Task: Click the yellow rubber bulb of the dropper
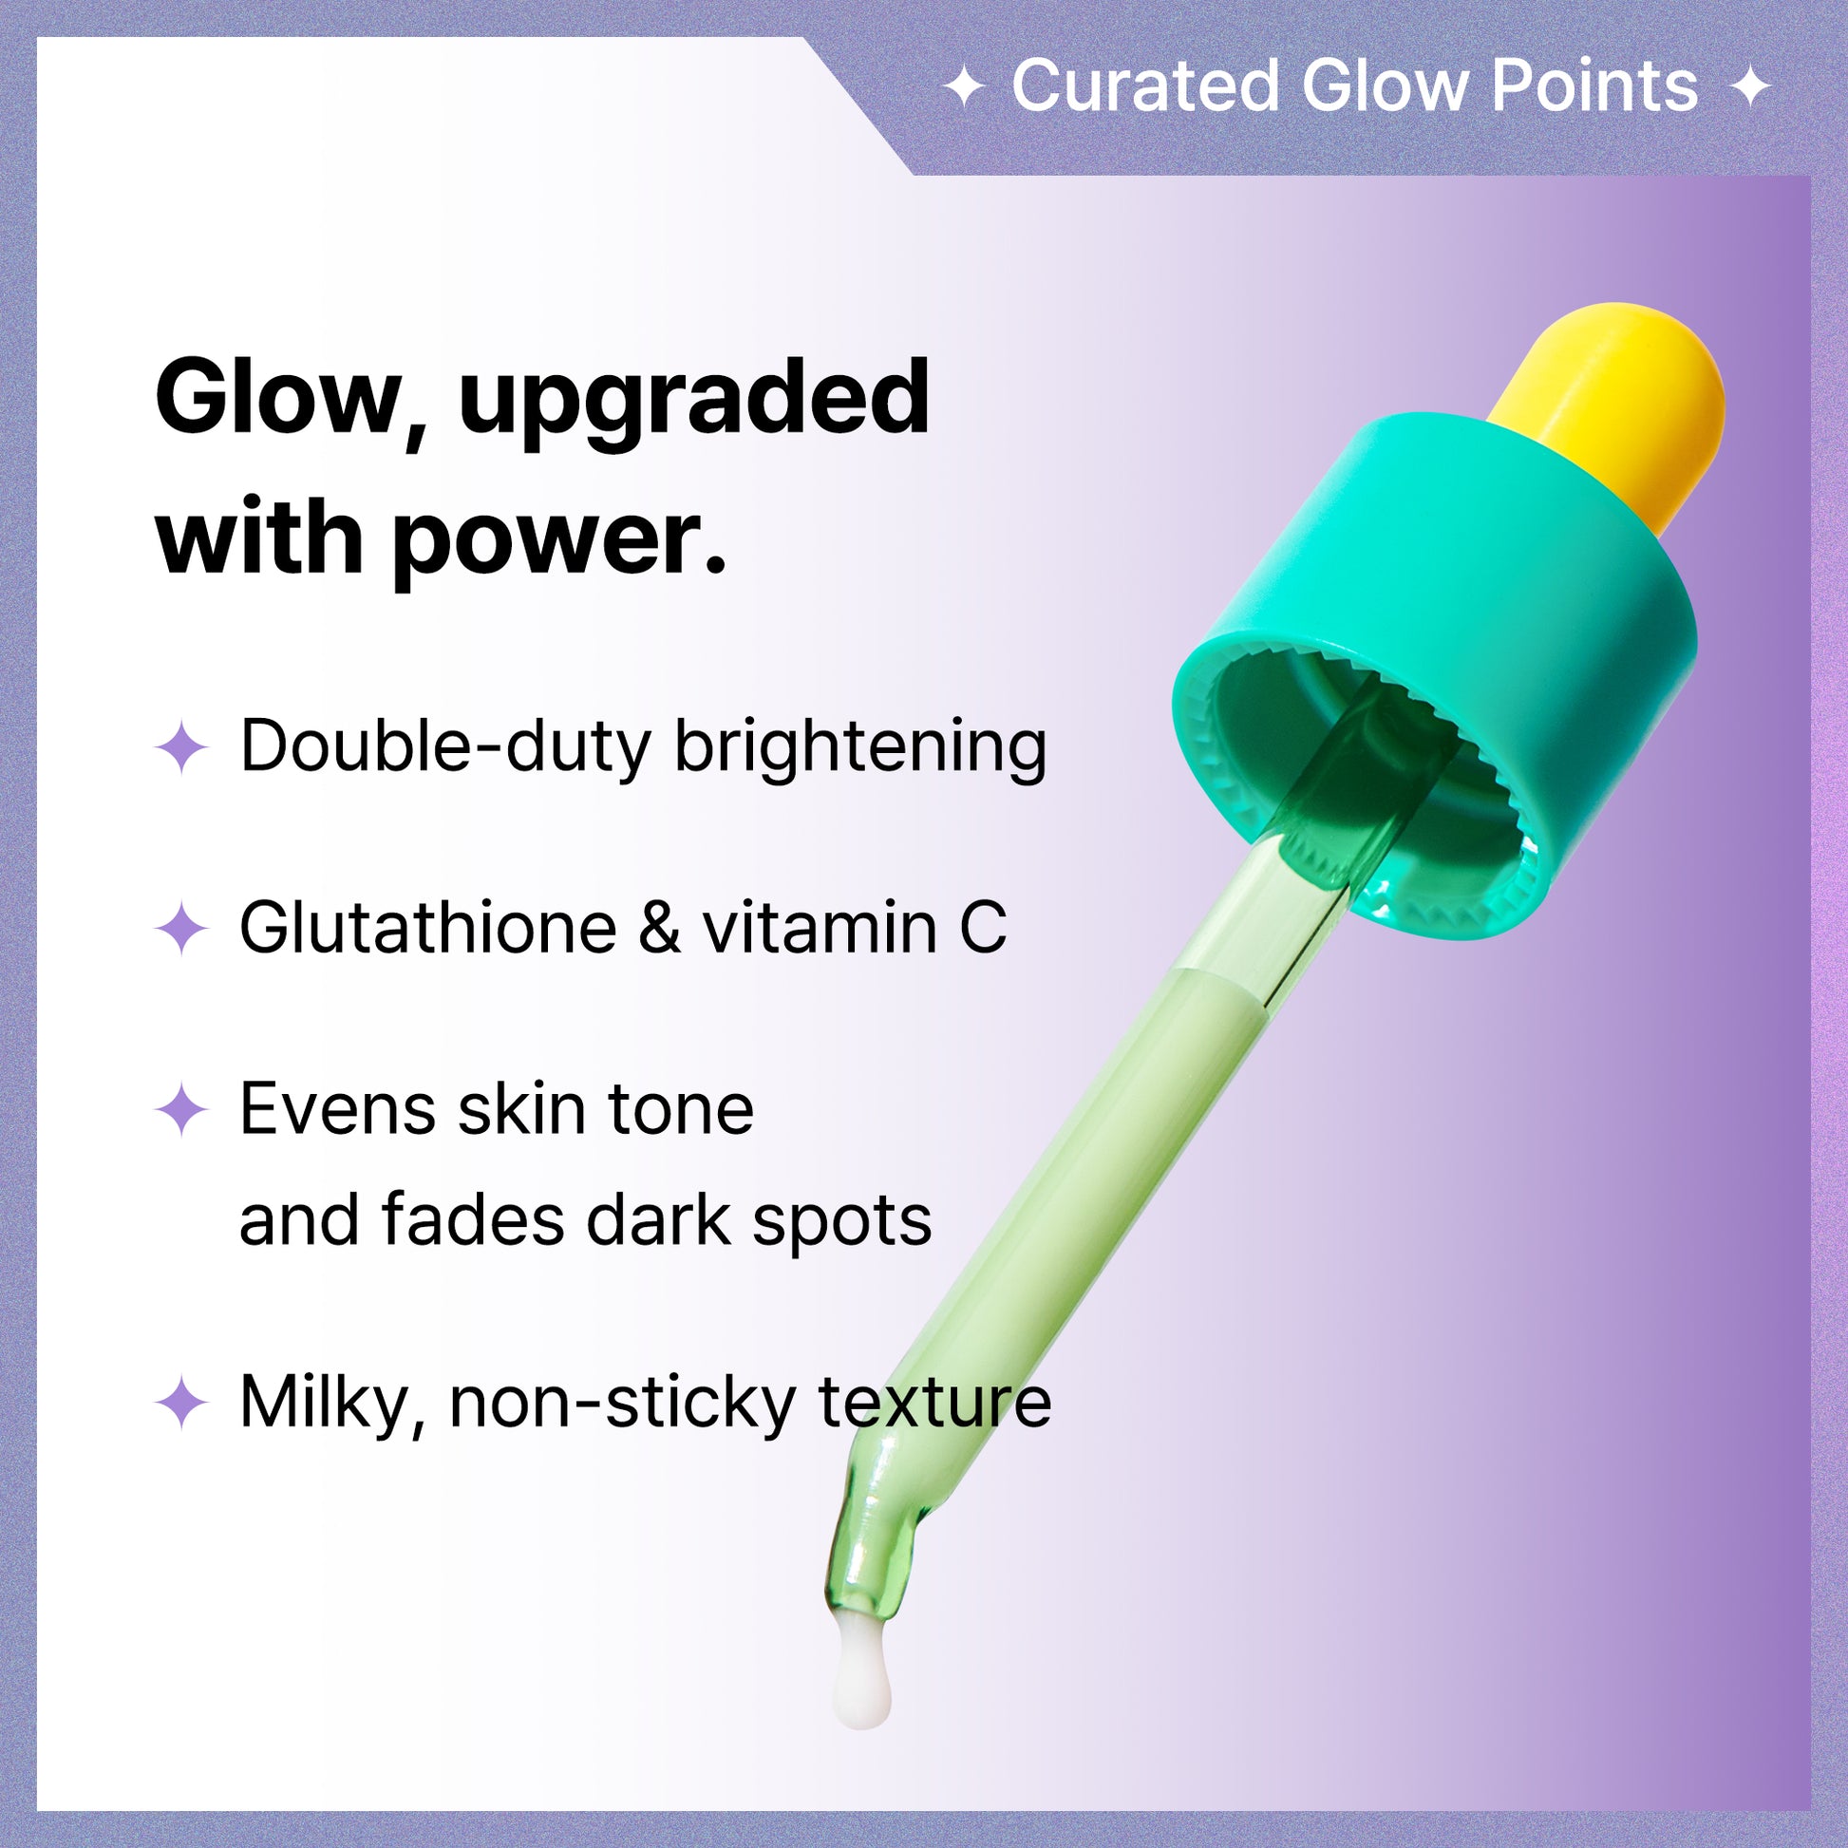tap(1616, 411)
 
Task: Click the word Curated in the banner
tap(1146, 86)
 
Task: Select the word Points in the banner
tap(1594, 86)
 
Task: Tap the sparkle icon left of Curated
tap(964, 88)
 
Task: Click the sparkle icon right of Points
tap(1750, 88)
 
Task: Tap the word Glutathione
tap(428, 928)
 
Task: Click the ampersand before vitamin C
tap(659, 928)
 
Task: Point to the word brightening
tap(861, 748)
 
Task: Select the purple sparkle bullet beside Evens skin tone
tap(181, 1110)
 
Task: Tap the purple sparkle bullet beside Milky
tap(181, 1404)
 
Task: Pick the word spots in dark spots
tap(841, 1224)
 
